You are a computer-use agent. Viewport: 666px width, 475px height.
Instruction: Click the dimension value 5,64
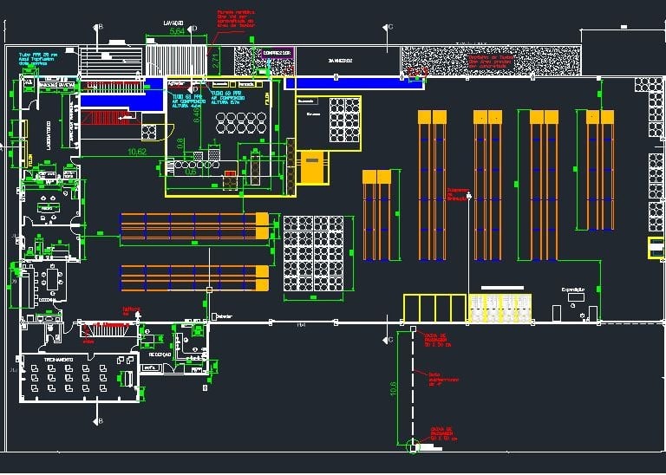coord(177,32)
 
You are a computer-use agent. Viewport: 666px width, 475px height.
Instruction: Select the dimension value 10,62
coord(136,152)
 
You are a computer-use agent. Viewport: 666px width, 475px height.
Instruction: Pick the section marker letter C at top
coord(390,28)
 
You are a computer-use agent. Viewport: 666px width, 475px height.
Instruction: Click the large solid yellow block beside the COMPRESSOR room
coord(313,166)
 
